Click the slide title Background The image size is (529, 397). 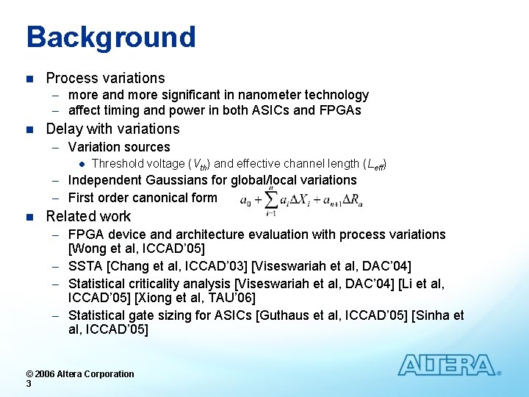[111, 37]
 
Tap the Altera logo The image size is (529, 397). [447, 365]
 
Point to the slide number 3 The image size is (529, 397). [28, 384]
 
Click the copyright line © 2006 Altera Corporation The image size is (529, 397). [80, 373]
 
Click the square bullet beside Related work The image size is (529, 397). [29, 217]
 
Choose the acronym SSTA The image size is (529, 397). [85, 265]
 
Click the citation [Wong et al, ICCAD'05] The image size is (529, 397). [136, 249]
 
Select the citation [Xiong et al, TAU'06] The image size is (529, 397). [198, 298]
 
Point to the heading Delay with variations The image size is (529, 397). [112, 129]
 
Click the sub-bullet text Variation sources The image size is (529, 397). [118, 147]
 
